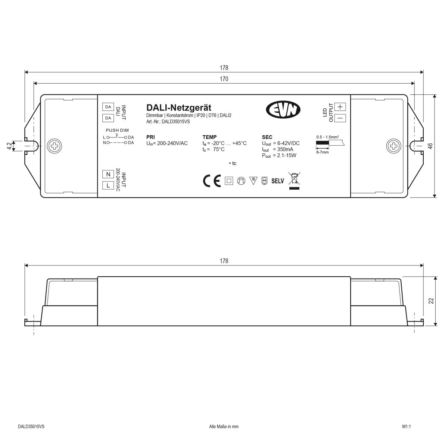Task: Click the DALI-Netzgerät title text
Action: [179, 108]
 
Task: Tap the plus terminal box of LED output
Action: [340, 106]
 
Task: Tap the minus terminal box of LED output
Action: [340, 118]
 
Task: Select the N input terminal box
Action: [108, 174]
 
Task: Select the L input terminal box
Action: [108, 185]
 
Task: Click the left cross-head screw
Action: [55, 146]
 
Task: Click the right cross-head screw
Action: [393, 146]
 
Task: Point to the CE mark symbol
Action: [212, 181]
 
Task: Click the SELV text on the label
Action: [278, 181]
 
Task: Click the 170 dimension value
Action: [224, 79]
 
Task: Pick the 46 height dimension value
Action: [430, 146]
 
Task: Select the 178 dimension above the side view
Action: [224, 261]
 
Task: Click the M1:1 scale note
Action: [406, 426]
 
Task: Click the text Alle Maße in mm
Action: [223, 426]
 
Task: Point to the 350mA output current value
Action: [283, 149]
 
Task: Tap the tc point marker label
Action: [233, 163]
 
